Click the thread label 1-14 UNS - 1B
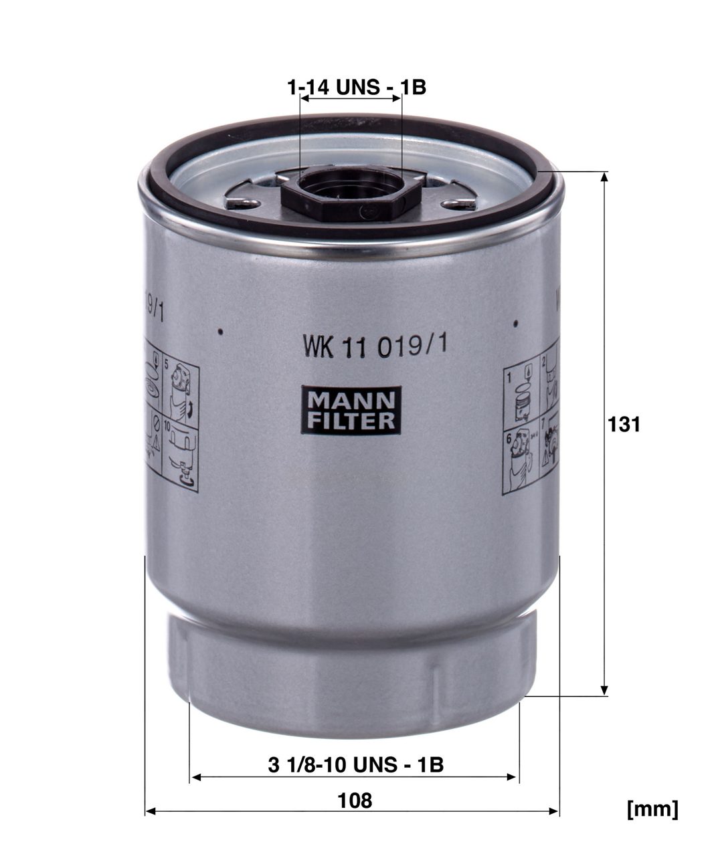pyautogui.click(x=356, y=87)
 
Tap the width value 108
pyautogui.click(x=355, y=800)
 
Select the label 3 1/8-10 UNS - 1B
pyautogui.click(x=355, y=765)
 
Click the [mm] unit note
pyautogui.click(x=652, y=809)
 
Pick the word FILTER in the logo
pyautogui.click(x=351, y=421)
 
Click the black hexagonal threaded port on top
pyautogui.click(x=350, y=193)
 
